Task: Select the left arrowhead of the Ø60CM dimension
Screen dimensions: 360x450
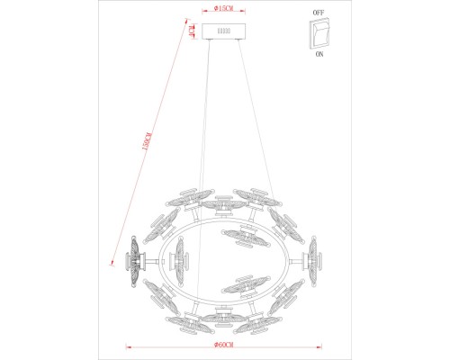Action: tap(127, 346)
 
